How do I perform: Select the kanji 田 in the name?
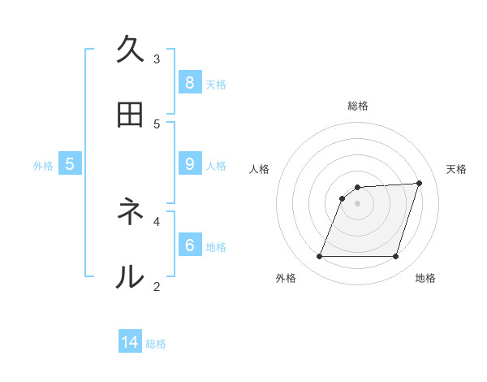pos(130,115)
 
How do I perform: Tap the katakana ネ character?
pos(130,212)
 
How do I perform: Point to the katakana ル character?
pos(130,277)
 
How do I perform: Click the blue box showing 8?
pos(189,82)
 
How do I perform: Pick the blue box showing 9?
pos(189,163)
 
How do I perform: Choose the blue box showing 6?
pos(189,245)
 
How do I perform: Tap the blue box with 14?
pos(130,342)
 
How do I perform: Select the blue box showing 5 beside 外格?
pos(70,163)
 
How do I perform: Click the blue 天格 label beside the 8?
pos(216,84)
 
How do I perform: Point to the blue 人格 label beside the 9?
pos(216,165)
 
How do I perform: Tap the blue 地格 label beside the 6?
pos(216,246)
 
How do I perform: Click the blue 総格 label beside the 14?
pos(156,344)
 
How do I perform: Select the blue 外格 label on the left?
pos(43,165)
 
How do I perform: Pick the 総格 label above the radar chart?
pos(358,106)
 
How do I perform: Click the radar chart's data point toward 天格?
pos(420,183)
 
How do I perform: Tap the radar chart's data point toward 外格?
pos(320,257)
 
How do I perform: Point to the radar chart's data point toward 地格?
pos(395,257)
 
